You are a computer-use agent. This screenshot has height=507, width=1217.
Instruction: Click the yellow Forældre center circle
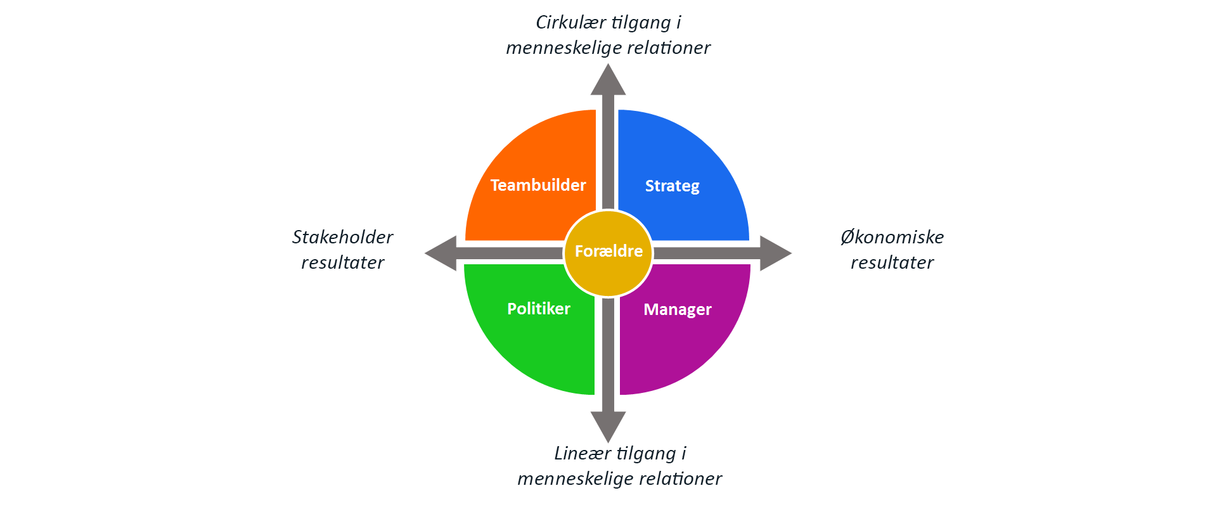tap(608, 253)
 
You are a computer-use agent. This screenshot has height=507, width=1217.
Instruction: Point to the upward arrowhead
tap(608, 79)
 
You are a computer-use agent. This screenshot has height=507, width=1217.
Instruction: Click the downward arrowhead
tap(608, 427)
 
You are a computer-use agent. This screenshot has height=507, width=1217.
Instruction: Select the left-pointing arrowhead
tap(441, 253)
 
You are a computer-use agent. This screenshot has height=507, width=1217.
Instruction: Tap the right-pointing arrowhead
tap(776, 253)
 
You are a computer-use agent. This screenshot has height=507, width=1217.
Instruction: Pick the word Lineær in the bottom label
tap(583, 453)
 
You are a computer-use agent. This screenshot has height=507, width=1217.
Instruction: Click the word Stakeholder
tap(342, 237)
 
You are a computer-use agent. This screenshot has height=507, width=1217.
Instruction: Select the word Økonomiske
tap(892, 237)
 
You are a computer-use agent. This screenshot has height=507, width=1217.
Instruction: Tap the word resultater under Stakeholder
tap(342, 262)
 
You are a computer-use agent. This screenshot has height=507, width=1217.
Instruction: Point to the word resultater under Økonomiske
tap(892, 262)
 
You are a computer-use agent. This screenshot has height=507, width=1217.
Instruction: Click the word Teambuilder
tap(538, 185)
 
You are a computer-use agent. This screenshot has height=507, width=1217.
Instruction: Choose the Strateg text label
tap(673, 186)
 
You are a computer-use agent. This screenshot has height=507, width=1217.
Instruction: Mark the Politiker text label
tap(539, 309)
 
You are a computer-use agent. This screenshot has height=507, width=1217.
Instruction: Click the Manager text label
tap(678, 310)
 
